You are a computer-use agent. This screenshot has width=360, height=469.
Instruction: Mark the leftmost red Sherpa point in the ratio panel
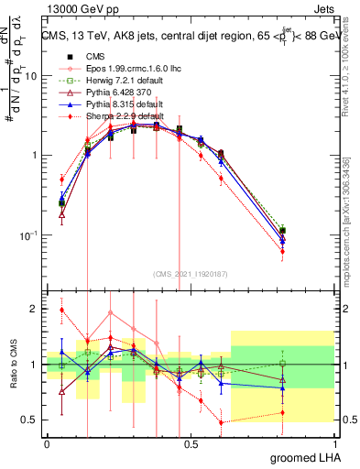(x=61, y=310)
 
